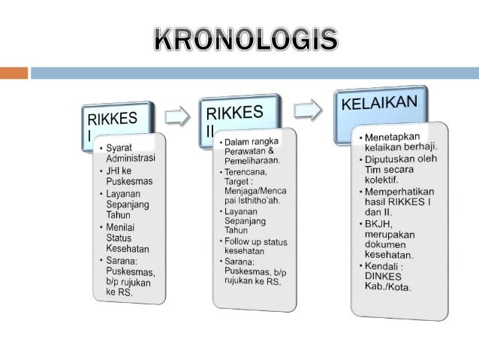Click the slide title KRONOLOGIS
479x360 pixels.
click(246, 38)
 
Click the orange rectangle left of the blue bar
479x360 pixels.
click(14, 74)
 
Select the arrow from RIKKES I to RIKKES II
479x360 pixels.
click(177, 116)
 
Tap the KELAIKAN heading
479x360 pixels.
click(379, 103)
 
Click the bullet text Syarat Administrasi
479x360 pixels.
click(130, 153)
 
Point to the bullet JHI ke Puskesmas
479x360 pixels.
click(130, 175)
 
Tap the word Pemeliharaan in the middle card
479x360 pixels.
click(250, 160)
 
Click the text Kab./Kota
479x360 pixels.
click(387, 288)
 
